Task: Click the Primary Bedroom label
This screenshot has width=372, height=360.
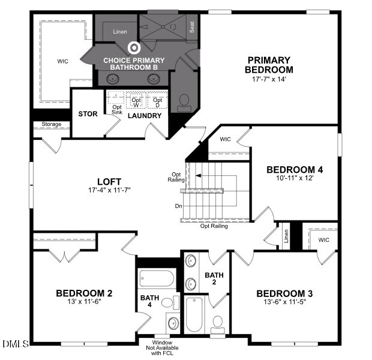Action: click(x=269, y=64)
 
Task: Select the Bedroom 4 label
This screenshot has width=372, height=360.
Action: click(x=290, y=169)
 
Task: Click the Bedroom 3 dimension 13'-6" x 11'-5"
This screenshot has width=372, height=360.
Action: click(x=285, y=302)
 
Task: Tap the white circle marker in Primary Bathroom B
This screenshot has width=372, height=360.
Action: click(x=134, y=47)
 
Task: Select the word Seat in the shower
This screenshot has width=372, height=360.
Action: click(x=193, y=26)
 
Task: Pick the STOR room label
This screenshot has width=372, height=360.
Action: click(x=88, y=114)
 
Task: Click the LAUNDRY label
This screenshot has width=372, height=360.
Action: click(x=145, y=115)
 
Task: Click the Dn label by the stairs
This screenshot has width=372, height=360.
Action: click(x=178, y=206)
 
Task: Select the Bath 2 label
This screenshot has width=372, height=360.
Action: click(x=214, y=279)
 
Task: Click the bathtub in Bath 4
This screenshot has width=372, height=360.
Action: click(x=157, y=278)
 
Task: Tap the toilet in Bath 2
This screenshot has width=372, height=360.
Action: click(x=217, y=323)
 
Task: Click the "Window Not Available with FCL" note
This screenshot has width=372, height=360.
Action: click(x=161, y=347)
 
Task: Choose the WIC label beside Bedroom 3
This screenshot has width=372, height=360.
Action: click(x=324, y=240)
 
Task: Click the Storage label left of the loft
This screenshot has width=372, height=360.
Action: click(x=51, y=125)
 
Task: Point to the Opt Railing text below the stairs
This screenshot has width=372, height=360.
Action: click(x=214, y=226)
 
